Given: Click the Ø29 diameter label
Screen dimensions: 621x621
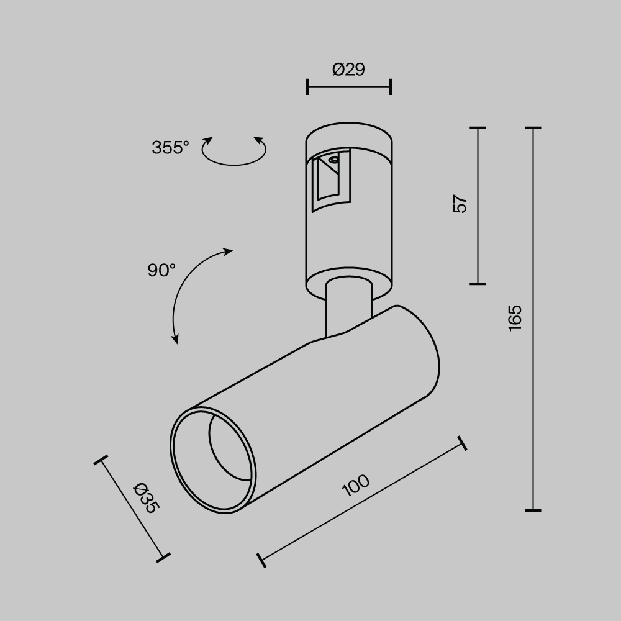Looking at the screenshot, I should tap(348, 70).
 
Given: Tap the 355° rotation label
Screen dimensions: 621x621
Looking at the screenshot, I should tap(170, 148).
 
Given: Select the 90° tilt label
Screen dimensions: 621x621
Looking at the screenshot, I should tap(161, 270).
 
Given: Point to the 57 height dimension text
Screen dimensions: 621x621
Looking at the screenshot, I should tap(460, 204).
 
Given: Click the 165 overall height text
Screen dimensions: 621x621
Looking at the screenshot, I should tap(515, 318).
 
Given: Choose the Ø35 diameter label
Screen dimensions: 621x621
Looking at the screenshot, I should tap(147, 498).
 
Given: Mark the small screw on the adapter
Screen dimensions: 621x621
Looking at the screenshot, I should tap(334, 160).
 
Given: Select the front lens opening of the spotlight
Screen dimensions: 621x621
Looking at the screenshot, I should tap(214, 460).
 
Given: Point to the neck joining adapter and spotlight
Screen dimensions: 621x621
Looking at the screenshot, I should tap(348, 307).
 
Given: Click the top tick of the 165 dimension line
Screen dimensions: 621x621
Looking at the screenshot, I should tap(533, 128).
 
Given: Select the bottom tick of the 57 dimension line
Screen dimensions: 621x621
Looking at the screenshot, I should tap(477, 284).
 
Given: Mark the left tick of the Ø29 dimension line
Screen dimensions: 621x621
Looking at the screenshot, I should tap(307, 87).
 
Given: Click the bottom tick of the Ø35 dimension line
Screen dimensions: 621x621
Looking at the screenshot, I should tap(163, 556).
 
